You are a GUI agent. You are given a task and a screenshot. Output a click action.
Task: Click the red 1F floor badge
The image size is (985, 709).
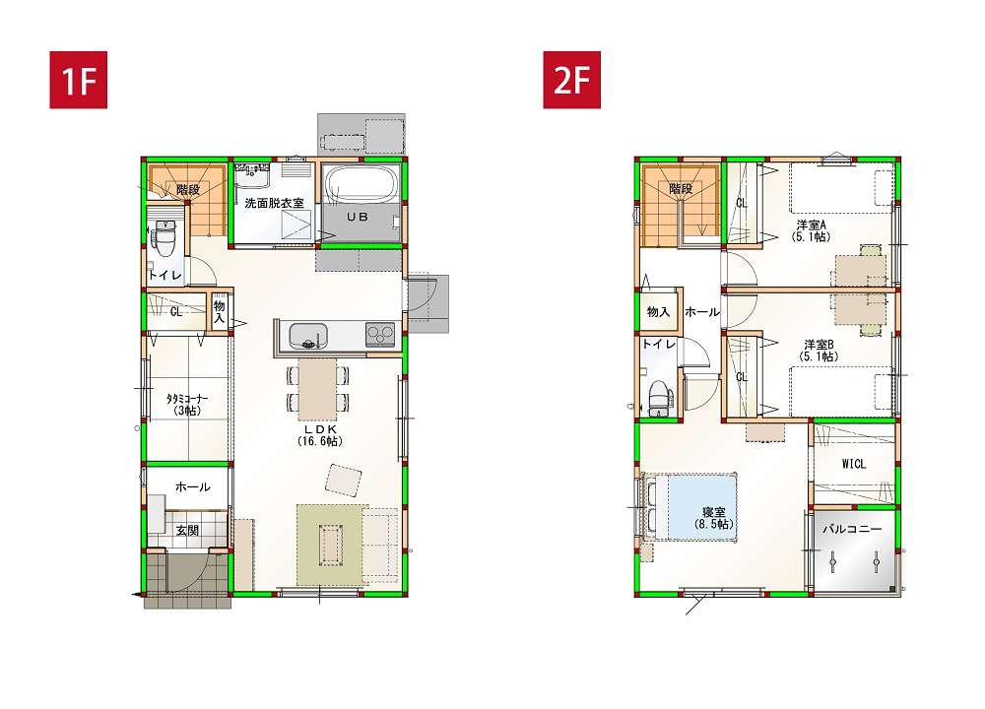click(x=79, y=80)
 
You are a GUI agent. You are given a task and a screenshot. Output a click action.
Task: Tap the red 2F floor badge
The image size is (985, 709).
click(x=571, y=80)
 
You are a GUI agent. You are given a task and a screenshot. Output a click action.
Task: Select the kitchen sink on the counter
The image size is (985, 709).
click(x=307, y=336)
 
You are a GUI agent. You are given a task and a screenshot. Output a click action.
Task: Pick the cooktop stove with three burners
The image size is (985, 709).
click(x=380, y=335)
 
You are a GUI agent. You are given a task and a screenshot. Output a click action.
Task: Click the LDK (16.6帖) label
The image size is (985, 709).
click(x=320, y=435)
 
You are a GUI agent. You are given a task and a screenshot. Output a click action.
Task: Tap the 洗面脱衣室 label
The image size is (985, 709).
click(x=274, y=203)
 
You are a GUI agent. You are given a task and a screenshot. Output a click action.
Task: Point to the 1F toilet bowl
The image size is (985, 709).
click(x=164, y=238)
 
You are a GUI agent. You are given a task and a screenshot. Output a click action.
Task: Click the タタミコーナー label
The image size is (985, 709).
click(x=186, y=405)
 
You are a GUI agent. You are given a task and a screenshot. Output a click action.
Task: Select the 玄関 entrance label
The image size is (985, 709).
click(x=187, y=531)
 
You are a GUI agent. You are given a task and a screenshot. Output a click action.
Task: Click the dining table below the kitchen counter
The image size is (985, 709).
click(x=317, y=389)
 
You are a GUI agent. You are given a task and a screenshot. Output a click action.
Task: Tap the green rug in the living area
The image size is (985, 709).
click(x=332, y=546)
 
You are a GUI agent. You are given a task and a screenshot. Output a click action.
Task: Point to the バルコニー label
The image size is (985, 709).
click(x=852, y=529)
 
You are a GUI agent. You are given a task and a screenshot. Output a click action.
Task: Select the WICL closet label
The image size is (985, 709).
click(x=854, y=464)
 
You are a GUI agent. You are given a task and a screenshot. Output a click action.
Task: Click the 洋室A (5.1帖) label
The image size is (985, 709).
click(x=811, y=230)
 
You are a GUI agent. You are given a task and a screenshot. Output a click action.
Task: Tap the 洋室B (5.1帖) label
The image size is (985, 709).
click(x=819, y=351)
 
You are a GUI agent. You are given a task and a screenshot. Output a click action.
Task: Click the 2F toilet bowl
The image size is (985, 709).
click(x=659, y=399)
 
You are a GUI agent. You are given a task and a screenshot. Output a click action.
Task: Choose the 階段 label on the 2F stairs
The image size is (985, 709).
click(x=681, y=188)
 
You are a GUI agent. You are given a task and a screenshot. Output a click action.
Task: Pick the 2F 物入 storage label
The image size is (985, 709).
click(x=658, y=312)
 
